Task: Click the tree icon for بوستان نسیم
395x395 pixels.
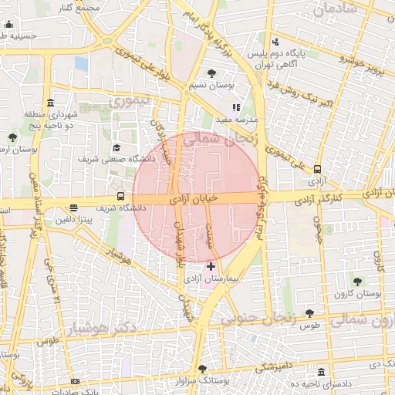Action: tap(211, 74)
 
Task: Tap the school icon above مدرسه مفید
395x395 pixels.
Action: tap(236, 108)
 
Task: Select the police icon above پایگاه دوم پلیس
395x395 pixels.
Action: tap(275, 42)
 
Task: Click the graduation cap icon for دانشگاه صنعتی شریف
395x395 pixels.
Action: tap(116, 147)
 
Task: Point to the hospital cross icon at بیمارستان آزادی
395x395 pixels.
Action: tap(211, 266)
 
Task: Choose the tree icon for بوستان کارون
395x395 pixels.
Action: tap(356, 282)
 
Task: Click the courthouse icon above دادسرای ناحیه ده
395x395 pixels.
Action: tap(321, 371)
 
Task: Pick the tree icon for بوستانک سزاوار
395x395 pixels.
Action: tap(202, 369)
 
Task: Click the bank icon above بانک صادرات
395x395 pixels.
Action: tap(75, 381)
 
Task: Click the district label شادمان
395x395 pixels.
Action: tap(331, 10)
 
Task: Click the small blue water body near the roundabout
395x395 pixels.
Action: tap(81, 63)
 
